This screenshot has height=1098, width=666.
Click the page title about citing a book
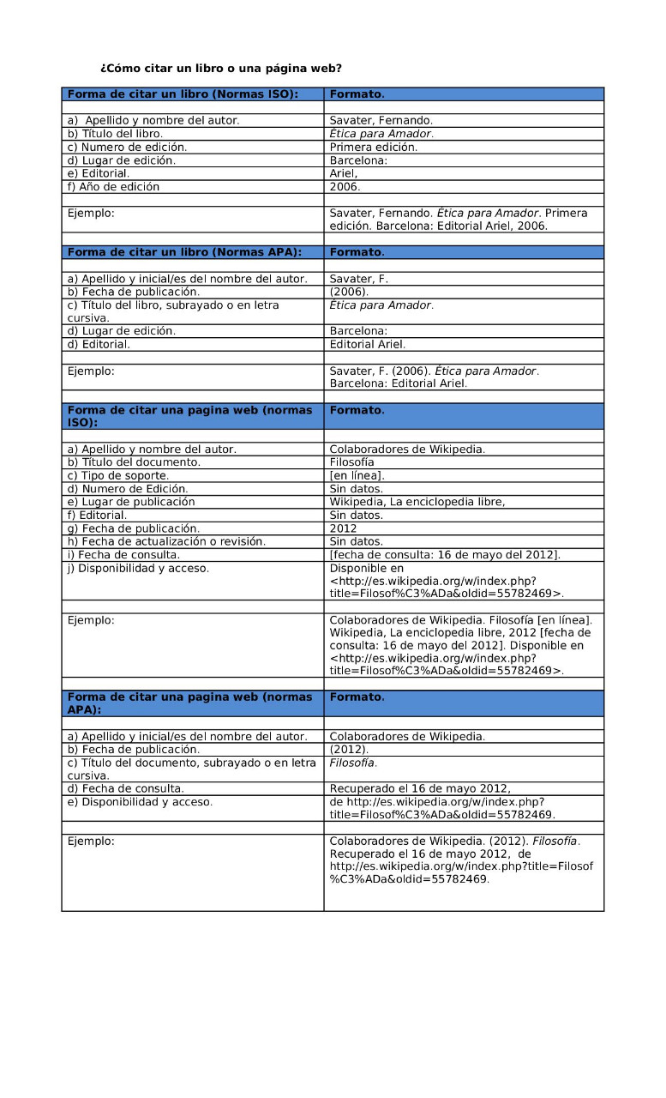click(x=220, y=68)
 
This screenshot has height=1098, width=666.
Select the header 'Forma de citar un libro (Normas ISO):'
click(x=183, y=94)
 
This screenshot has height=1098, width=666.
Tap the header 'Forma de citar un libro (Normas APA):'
click(x=184, y=252)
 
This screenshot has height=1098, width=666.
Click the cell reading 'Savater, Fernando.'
click(x=381, y=121)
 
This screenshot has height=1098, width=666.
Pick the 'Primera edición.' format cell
click(x=374, y=148)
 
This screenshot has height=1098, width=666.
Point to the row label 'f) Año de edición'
click(x=113, y=187)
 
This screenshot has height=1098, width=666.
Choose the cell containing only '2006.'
click(x=345, y=187)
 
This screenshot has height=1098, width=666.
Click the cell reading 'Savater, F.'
click(x=359, y=279)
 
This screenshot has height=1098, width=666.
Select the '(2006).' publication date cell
click(x=349, y=292)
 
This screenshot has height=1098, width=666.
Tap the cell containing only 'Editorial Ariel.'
click(x=368, y=344)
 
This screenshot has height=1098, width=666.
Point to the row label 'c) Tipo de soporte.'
click(x=118, y=475)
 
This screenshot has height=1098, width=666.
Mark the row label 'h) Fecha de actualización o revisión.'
click(x=166, y=541)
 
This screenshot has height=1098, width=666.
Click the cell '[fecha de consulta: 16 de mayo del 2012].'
click(x=445, y=555)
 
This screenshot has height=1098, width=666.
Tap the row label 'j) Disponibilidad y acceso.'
click(x=138, y=568)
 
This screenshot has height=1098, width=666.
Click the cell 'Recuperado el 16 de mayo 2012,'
click(x=420, y=788)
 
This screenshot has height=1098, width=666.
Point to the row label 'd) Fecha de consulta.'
click(x=126, y=788)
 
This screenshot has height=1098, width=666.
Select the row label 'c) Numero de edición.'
click(x=127, y=148)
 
